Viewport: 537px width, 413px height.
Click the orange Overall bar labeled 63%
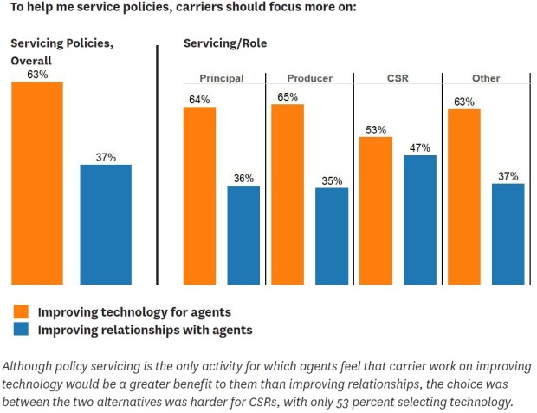point(36,182)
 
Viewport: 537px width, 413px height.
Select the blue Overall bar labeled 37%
point(106,224)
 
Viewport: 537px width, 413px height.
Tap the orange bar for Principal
point(199,196)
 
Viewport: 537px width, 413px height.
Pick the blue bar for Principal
point(243,235)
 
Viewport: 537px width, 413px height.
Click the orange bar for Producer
point(288,194)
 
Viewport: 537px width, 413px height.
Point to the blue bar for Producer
point(332,236)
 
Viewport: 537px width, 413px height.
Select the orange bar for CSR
point(376,211)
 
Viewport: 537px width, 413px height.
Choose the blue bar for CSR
point(420,220)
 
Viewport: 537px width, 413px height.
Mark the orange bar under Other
point(464,197)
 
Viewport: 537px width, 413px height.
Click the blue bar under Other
point(508,233)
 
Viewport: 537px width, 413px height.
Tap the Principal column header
point(221,78)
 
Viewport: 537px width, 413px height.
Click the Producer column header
point(309,78)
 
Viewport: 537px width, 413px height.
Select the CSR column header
point(398,78)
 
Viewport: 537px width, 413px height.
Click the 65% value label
point(288,96)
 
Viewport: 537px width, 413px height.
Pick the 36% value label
point(243,179)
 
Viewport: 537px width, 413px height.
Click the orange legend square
point(22,311)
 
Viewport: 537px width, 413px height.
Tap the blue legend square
point(22,330)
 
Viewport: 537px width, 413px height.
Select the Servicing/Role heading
point(225,43)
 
